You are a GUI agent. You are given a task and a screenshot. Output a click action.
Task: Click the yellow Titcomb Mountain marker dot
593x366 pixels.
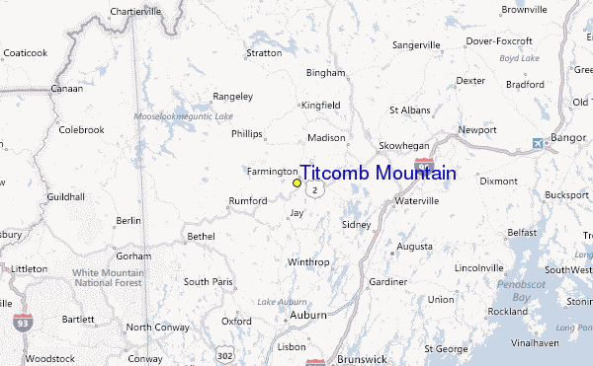point(296,183)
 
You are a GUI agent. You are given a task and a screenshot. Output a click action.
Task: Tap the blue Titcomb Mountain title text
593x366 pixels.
point(378,174)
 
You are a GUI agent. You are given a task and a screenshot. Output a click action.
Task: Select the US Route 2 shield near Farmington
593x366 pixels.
point(314,188)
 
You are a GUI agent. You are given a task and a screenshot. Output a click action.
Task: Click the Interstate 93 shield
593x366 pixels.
point(22,322)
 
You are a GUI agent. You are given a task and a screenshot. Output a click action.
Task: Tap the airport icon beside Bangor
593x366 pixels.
point(538,143)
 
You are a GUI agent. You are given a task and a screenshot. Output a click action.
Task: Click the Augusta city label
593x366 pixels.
point(415,246)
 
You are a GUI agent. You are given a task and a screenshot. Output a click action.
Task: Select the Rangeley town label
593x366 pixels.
point(233,96)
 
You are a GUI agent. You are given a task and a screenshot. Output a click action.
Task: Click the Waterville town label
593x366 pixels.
point(416,200)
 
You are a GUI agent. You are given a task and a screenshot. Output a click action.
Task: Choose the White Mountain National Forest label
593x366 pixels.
point(109,277)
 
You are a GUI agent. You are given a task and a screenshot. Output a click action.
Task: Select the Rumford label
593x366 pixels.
point(248,200)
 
